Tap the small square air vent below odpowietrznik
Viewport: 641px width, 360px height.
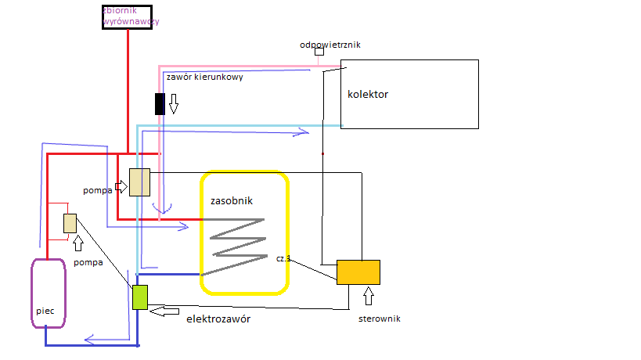pos(319,52)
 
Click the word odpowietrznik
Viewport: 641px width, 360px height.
pos(330,45)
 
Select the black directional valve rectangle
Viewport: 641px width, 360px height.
pos(160,103)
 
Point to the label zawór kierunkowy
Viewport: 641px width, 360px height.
pos(203,77)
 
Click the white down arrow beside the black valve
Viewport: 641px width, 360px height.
pos(174,103)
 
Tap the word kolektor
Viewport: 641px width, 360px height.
pos(368,95)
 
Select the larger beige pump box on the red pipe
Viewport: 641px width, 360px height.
pos(139,182)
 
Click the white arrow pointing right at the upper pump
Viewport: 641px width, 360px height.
pos(121,186)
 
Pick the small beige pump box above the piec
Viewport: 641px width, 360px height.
pos(70,223)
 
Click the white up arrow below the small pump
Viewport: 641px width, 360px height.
pos(77,243)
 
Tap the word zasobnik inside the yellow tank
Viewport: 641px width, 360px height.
pos(232,200)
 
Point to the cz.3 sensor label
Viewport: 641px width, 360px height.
pos(283,257)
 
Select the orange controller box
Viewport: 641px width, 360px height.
pos(358,272)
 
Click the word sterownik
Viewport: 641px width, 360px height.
pos(379,319)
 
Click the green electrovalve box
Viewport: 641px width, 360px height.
pos(140,297)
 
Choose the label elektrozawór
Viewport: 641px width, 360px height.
pos(222,319)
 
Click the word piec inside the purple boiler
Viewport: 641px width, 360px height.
pos(45,311)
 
